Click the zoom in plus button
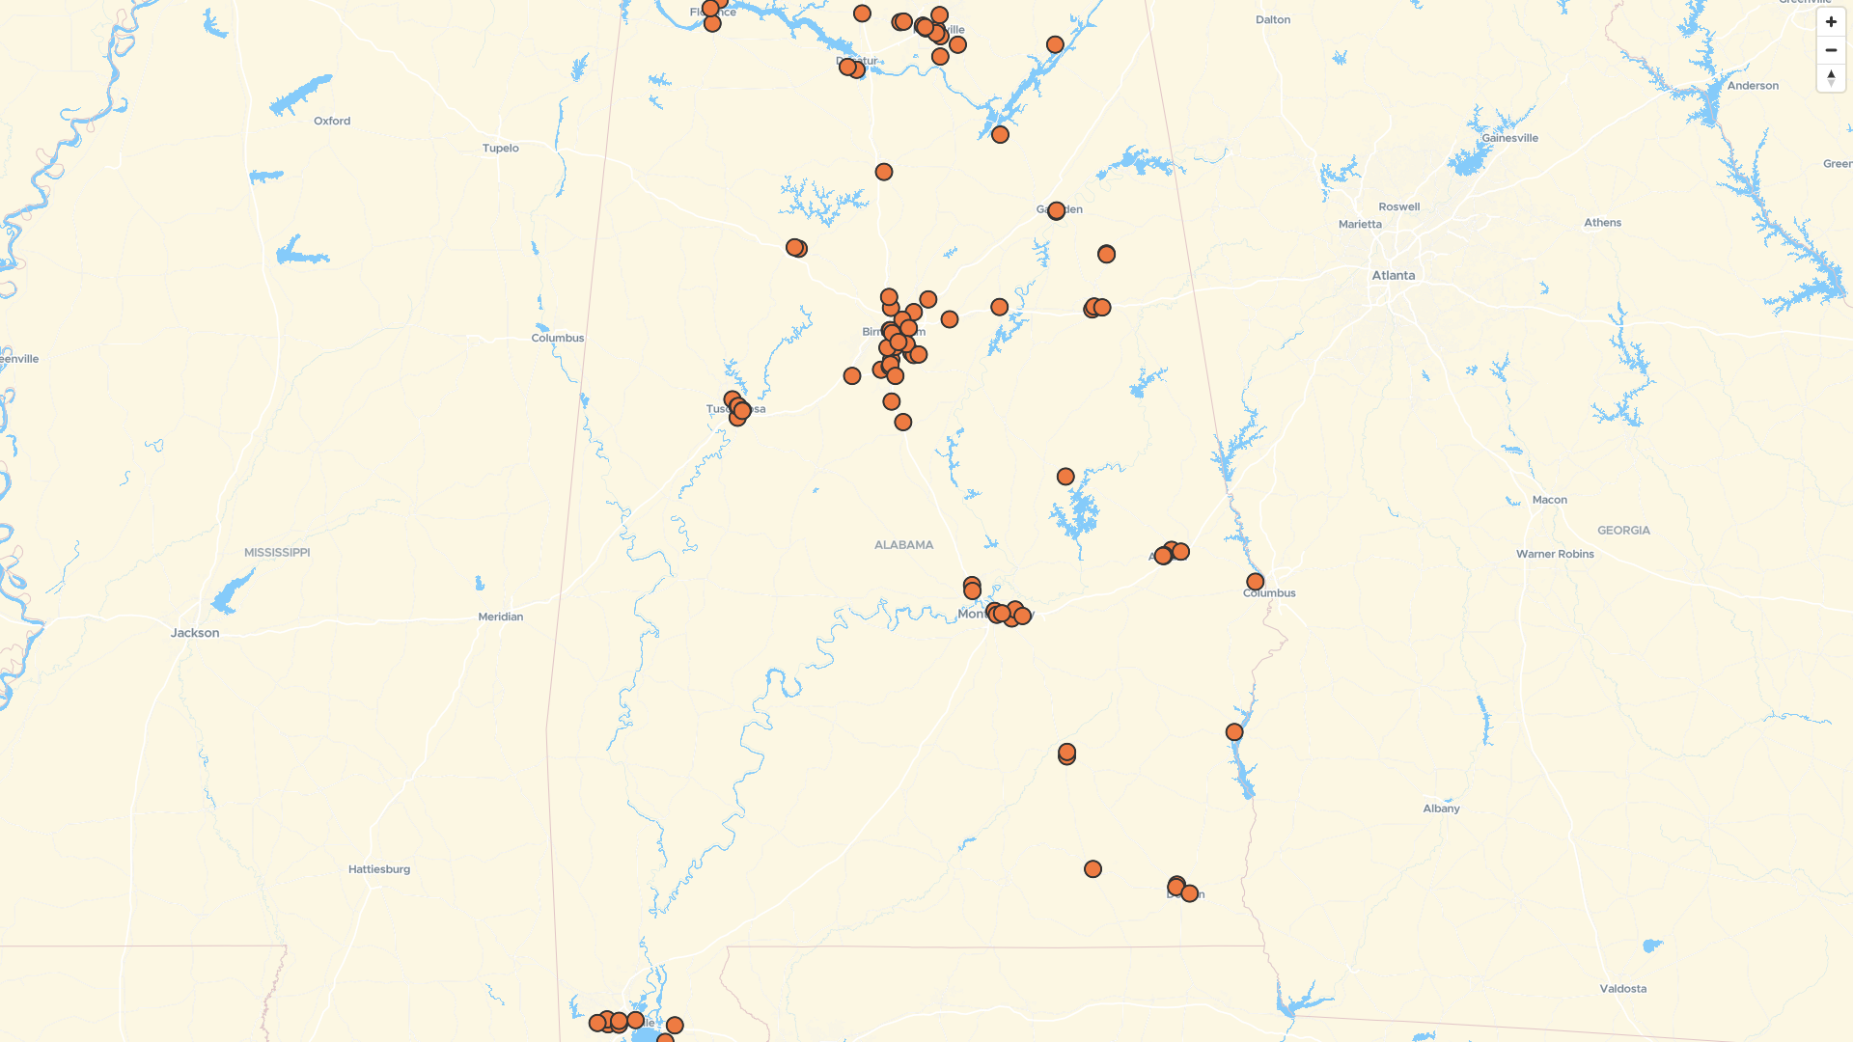[x=1831, y=22]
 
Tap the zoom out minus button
[x=1831, y=50]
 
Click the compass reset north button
[x=1831, y=77]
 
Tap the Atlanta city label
[x=1394, y=275]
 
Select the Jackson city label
[x=195, y=633]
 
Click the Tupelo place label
[x=501, y=148]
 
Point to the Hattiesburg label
[x=379, y=869]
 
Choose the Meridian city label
[x=501, y=617]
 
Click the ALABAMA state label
[x=903, y=545]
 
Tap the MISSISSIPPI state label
[x=277, y=553]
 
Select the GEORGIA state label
[x=1623, y=531]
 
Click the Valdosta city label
[x=1623, y=989]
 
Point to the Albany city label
[x=1441, y=809]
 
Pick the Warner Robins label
[x=1555, y=554]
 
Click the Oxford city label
[x=332, y=121]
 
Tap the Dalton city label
[x=1273, y=19]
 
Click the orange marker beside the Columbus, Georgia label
[x=1255, y=582]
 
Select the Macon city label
[x=1550, y=500]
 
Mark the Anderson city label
[x=1753, y=86]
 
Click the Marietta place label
[x=1360, y=224]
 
